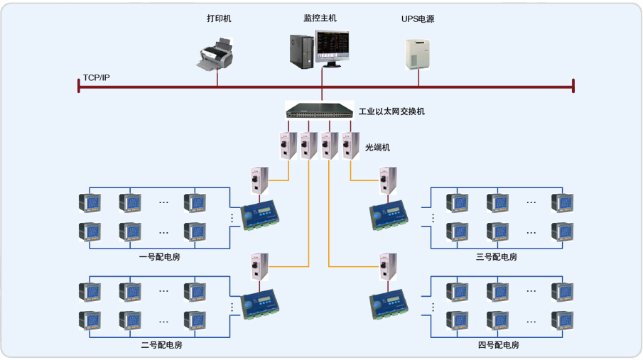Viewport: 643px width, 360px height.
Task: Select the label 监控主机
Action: point(320,18)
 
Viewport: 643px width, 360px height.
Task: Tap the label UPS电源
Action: point(417,19)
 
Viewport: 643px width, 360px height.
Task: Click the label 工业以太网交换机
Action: point(391,111)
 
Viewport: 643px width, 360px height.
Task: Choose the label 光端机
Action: point(377,148)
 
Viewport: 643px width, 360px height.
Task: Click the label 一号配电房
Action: point(159,256)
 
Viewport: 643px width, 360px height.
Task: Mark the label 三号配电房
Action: point(496,256)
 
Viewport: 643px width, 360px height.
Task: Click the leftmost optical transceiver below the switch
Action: point(288,146)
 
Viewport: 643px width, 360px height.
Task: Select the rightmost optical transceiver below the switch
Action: point(350,146)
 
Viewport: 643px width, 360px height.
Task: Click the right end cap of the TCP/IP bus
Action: point(573,86)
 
